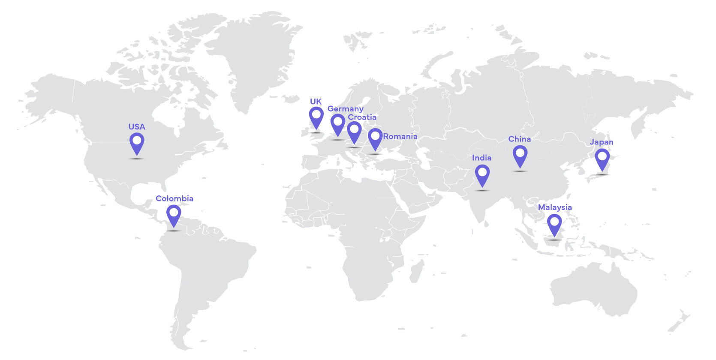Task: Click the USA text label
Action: click(x=137, y=127)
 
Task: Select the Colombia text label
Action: click(x=174, y=198)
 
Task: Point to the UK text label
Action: click(x=316, y=102)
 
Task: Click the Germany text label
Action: click(x=345, y=109)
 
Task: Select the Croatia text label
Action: click(x=362, y=117)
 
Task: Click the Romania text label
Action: click(x=400, y=136)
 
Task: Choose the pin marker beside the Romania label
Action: click(x=375, y=137)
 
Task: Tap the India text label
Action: click(x=481, y=158)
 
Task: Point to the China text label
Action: click(x=519, y=139)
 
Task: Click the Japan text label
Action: click(x=602, y=142)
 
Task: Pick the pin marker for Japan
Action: click(x=602, y=157)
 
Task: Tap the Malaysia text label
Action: click(x=555, y=207)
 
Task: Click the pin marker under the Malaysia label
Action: click(x=554, y=222)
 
